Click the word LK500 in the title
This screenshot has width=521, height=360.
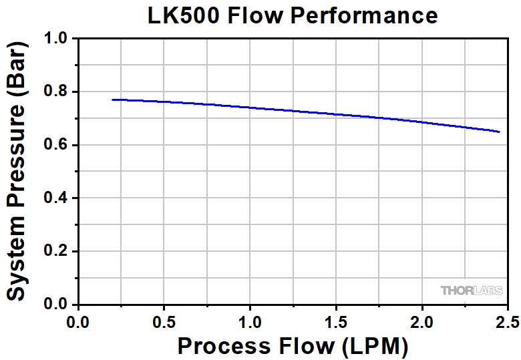point(185,15)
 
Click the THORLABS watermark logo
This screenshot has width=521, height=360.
point(472,291)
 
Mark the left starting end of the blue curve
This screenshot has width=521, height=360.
point(113,100)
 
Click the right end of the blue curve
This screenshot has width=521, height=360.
point(499,132)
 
